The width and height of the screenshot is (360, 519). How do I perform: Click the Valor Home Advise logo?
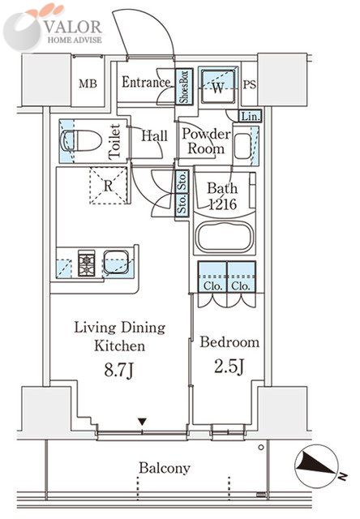(53, 28)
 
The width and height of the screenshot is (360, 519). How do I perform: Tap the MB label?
(88, 84)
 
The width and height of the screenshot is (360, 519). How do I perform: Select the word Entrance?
(146, 82)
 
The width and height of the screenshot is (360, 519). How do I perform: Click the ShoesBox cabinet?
(184, 86)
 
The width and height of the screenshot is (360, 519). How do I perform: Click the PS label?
(250, 84)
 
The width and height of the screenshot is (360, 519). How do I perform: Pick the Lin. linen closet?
(251, 116)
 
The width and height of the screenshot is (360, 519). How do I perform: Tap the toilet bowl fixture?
(81, 140)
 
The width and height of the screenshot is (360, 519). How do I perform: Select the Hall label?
(154, 135)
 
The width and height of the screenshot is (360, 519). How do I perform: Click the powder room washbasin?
(243, 146)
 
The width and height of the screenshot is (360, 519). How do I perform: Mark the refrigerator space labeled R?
(109, 186)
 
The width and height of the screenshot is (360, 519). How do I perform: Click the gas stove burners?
(87, 263)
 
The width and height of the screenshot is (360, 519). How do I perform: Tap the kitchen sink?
(116, 262)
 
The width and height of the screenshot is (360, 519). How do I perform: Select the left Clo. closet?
(212, 277)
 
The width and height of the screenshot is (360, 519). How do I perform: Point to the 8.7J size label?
(119, 370)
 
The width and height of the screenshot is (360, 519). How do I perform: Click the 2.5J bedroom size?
(229, 367)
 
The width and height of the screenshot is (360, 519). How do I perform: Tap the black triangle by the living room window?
(142, 422)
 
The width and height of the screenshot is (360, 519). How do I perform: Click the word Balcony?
(165, 468)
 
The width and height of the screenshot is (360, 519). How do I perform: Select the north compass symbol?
(316, 465)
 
